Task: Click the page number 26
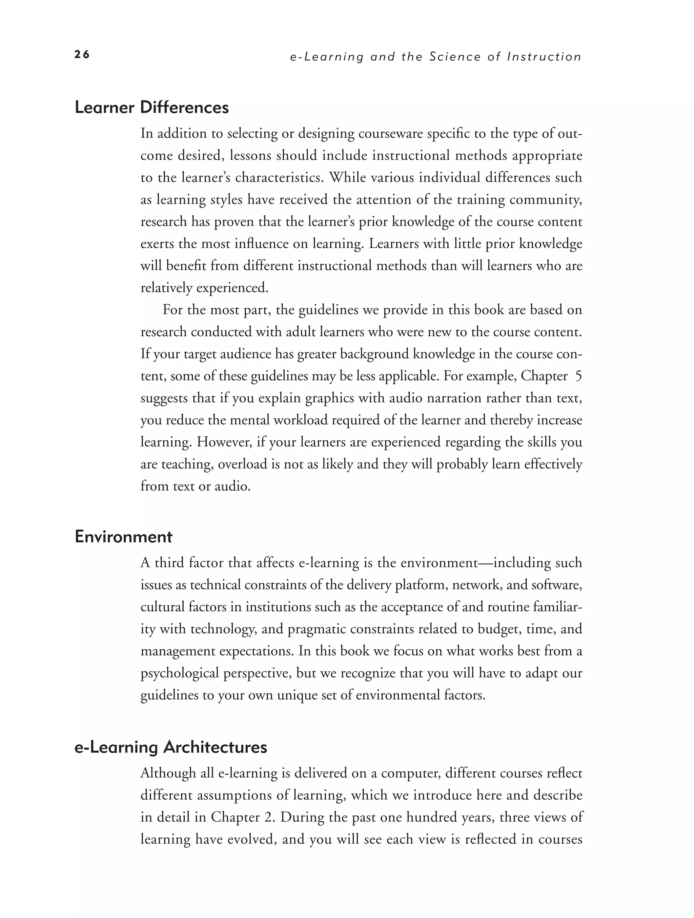[x=82, y=54]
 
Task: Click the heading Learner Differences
[x=152, y=108]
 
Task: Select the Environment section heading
[x=124, y=537]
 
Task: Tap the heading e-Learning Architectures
[x=171, y=747]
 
